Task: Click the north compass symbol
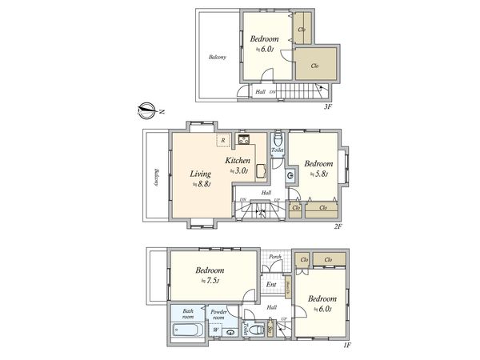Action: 146,109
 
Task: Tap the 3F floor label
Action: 326,106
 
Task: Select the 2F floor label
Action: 338,226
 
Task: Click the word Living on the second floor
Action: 200,174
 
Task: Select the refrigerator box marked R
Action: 223,140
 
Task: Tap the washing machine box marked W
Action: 214,330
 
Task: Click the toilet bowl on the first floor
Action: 254,329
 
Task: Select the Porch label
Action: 274,257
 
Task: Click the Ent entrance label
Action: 271,284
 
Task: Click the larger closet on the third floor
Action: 315,66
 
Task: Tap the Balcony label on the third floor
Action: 217,57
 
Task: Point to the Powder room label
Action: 219,314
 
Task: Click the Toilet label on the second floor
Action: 277,150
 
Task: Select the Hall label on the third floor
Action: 260,92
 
